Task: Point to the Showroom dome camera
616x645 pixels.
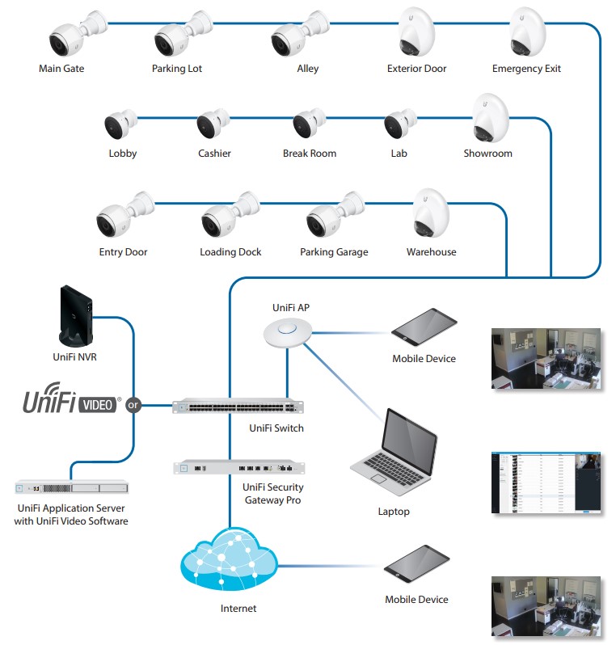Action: tap(490, 120)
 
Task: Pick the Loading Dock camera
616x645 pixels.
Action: tap(226, 216)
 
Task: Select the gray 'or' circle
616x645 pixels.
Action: tap(133, 405)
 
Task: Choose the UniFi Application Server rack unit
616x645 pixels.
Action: tap(71, 487)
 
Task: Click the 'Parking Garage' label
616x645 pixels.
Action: tap(334, 252)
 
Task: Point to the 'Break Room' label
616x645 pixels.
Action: tap(310, 154)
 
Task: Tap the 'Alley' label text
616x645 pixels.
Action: tap(308, 69)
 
